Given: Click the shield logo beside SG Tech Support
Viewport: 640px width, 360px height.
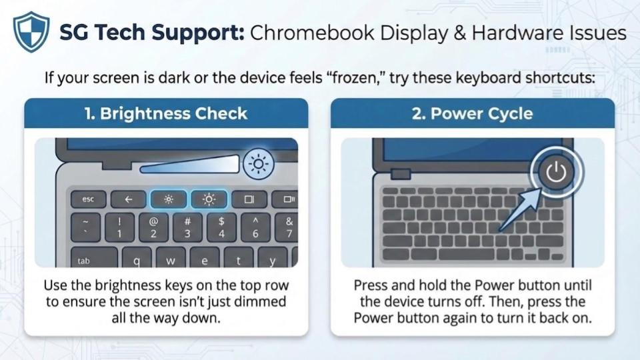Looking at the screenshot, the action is tap(31, 32).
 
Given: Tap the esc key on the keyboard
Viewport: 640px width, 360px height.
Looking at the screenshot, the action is tap(88, 199).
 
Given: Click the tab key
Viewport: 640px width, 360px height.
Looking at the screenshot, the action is tap(94, 257).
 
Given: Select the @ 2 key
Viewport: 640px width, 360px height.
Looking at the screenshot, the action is tap(153, 227).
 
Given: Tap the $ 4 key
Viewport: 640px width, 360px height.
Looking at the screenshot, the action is tap(221, 227).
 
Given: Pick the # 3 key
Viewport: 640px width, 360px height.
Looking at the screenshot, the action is tap(187, 227).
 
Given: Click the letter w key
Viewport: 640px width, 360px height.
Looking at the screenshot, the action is tap(171, 258).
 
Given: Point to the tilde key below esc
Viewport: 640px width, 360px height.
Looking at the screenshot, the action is tap(86, 227).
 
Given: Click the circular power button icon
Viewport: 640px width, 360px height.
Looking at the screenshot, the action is tap(556, 172).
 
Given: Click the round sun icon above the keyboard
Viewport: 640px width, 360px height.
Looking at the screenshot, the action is tap(259, 164).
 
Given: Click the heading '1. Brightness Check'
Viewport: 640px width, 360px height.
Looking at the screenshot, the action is tap(166, 113).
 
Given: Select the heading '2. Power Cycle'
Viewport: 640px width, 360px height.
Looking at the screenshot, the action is tap(472, 113).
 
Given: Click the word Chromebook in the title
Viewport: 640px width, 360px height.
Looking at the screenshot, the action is tap(312, 33).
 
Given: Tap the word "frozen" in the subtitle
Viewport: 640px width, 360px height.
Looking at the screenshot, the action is tap(354, 77).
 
